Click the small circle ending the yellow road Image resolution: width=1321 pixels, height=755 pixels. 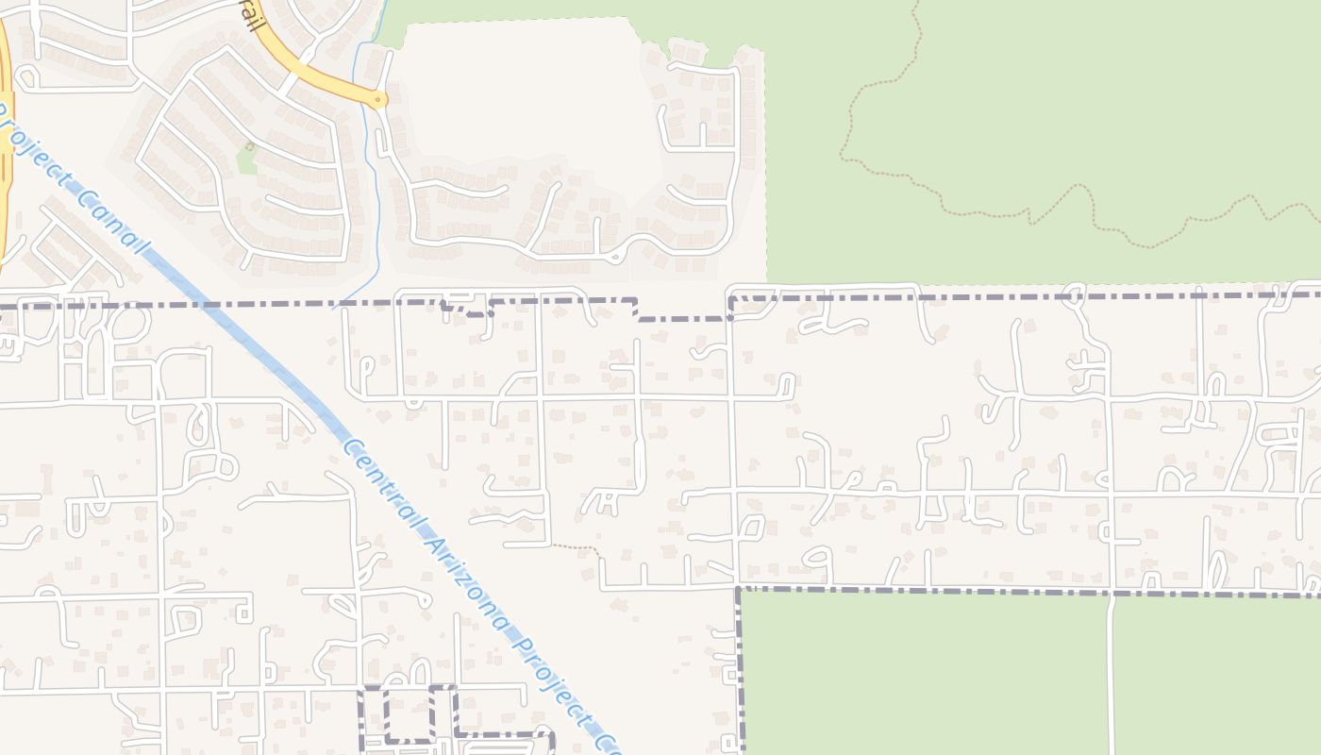(x=378, y=98)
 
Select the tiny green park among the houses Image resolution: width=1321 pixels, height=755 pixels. (x=247, y=158)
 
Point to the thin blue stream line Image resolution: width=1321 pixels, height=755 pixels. (x=371, y=189)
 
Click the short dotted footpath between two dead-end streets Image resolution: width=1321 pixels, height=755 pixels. (x=575, y=546)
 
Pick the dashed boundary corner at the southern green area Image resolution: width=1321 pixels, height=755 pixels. (x=739, y=590)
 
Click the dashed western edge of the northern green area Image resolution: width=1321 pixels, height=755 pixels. (x=764, y=170)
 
